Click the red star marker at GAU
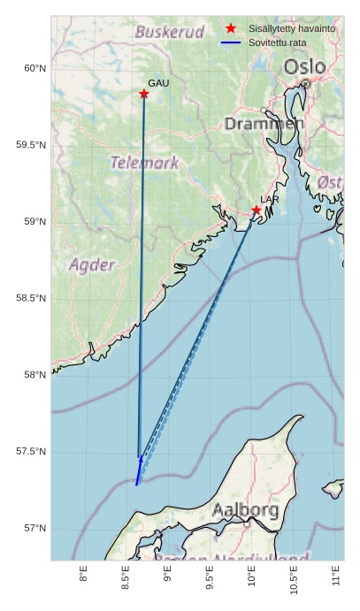click(143, 94)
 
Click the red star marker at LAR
click(256, 210)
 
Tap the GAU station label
click(157, 83)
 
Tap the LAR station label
click(270, 200)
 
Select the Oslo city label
click(304, 67)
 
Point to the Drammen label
click(264, 124)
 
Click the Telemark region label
click(144, 163)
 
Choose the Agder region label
click(92, 265)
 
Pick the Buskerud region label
click(169, 32)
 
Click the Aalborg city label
click(245, 510)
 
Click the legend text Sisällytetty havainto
click(292, 29)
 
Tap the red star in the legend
click(231, 29)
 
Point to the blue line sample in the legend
click(231, 42)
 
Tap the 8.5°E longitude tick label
click(126, 581)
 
